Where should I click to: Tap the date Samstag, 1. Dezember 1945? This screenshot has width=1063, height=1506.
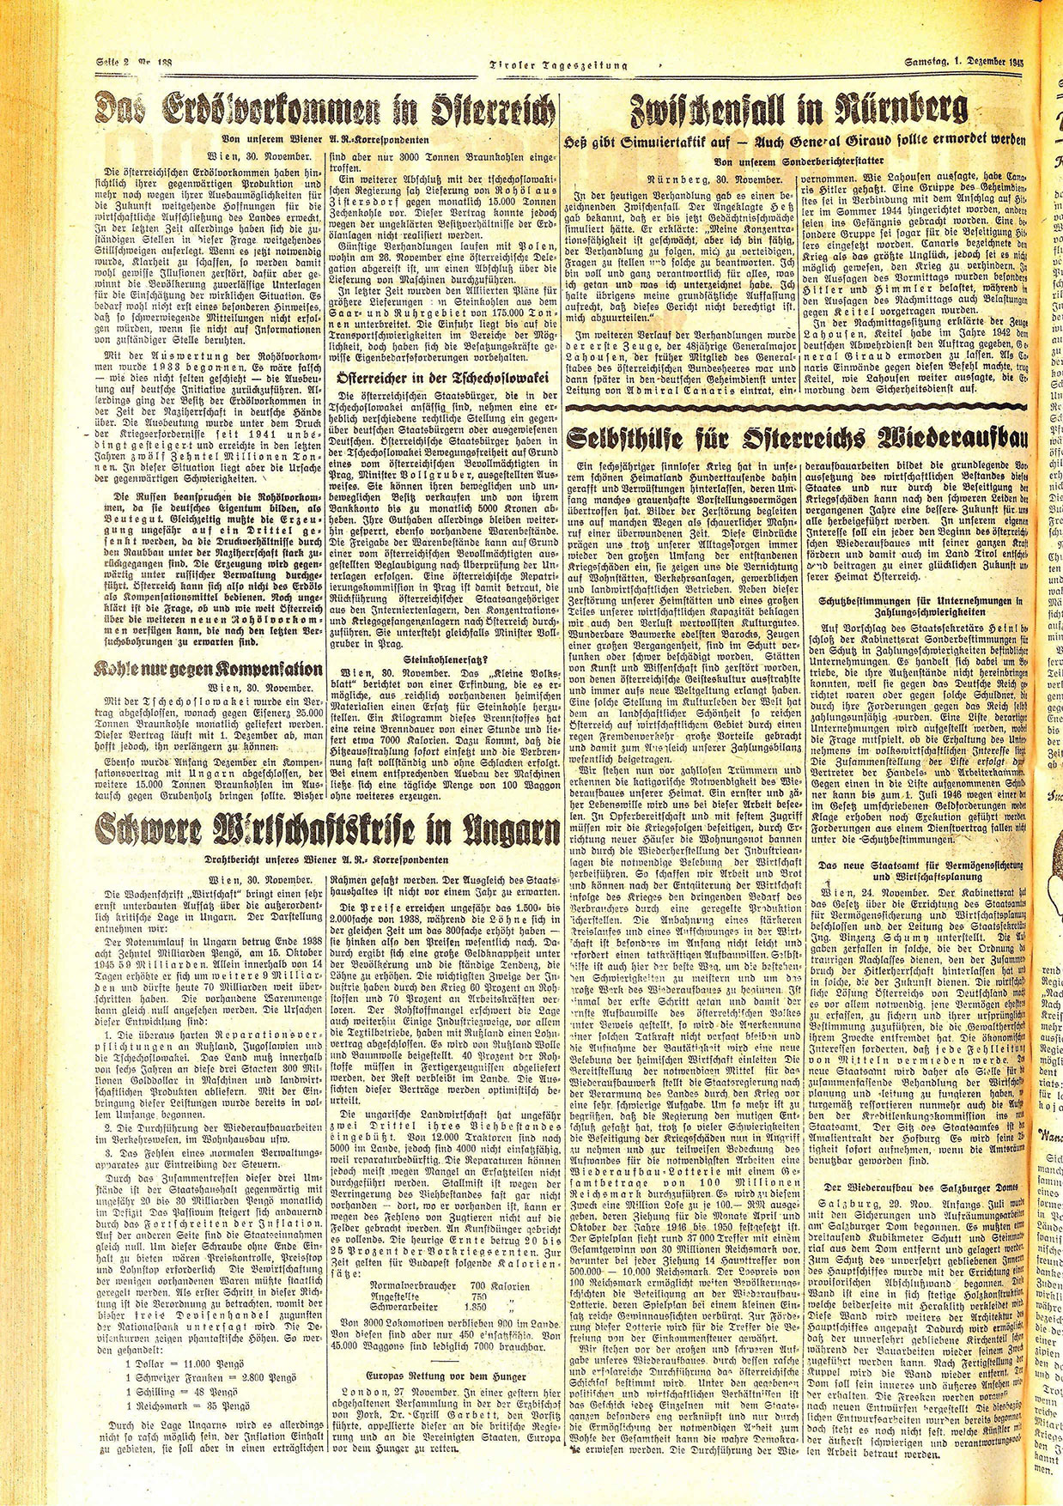coord(963,61)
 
